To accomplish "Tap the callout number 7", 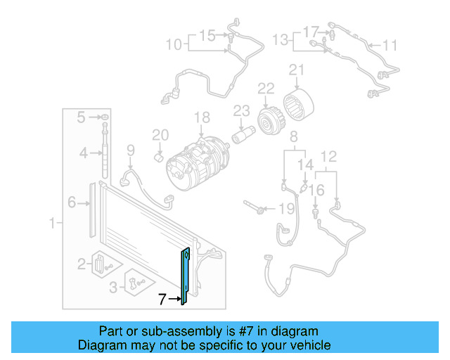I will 162,300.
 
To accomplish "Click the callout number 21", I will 297,70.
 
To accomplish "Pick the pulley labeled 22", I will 268,120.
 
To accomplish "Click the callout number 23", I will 241,110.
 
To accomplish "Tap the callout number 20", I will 160,135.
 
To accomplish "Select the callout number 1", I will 52,224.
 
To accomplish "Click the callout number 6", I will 71,203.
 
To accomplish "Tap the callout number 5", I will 82,116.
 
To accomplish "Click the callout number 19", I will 285,209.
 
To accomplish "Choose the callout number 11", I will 390,46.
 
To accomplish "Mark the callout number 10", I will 173,46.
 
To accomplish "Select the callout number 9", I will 130,149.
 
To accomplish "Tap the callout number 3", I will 113,286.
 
